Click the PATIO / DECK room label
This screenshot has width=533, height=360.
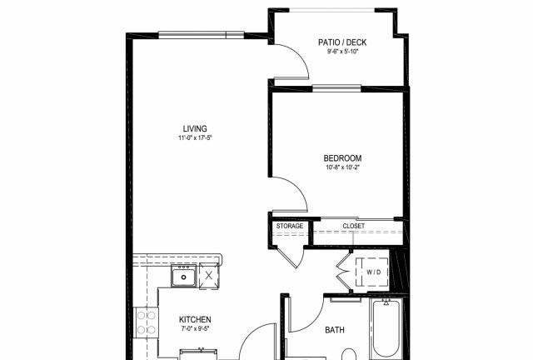coord(342,42)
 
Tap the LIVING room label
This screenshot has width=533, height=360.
coord(195,128)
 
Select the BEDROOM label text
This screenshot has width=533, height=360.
coord(342,158)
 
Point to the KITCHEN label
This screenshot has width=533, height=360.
coord(195,319)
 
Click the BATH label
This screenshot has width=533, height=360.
coord(335,330)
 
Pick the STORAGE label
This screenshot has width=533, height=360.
coord(290,226)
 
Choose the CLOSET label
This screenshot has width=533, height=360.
coord(353,226)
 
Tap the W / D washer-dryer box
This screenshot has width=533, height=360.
coord(372,272)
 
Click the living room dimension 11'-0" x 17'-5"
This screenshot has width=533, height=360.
coord(196,137)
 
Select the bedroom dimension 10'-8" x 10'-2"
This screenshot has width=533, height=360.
coord(342,167)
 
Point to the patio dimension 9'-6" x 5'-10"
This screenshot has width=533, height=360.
coord(342,52)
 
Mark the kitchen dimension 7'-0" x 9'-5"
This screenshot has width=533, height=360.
coord(195,328)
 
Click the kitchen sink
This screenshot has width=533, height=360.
coord(184,276)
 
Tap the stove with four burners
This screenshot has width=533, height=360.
coord(147,322)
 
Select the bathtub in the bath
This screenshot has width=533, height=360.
coord(386,328)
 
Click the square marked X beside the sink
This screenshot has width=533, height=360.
coord(209,276)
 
